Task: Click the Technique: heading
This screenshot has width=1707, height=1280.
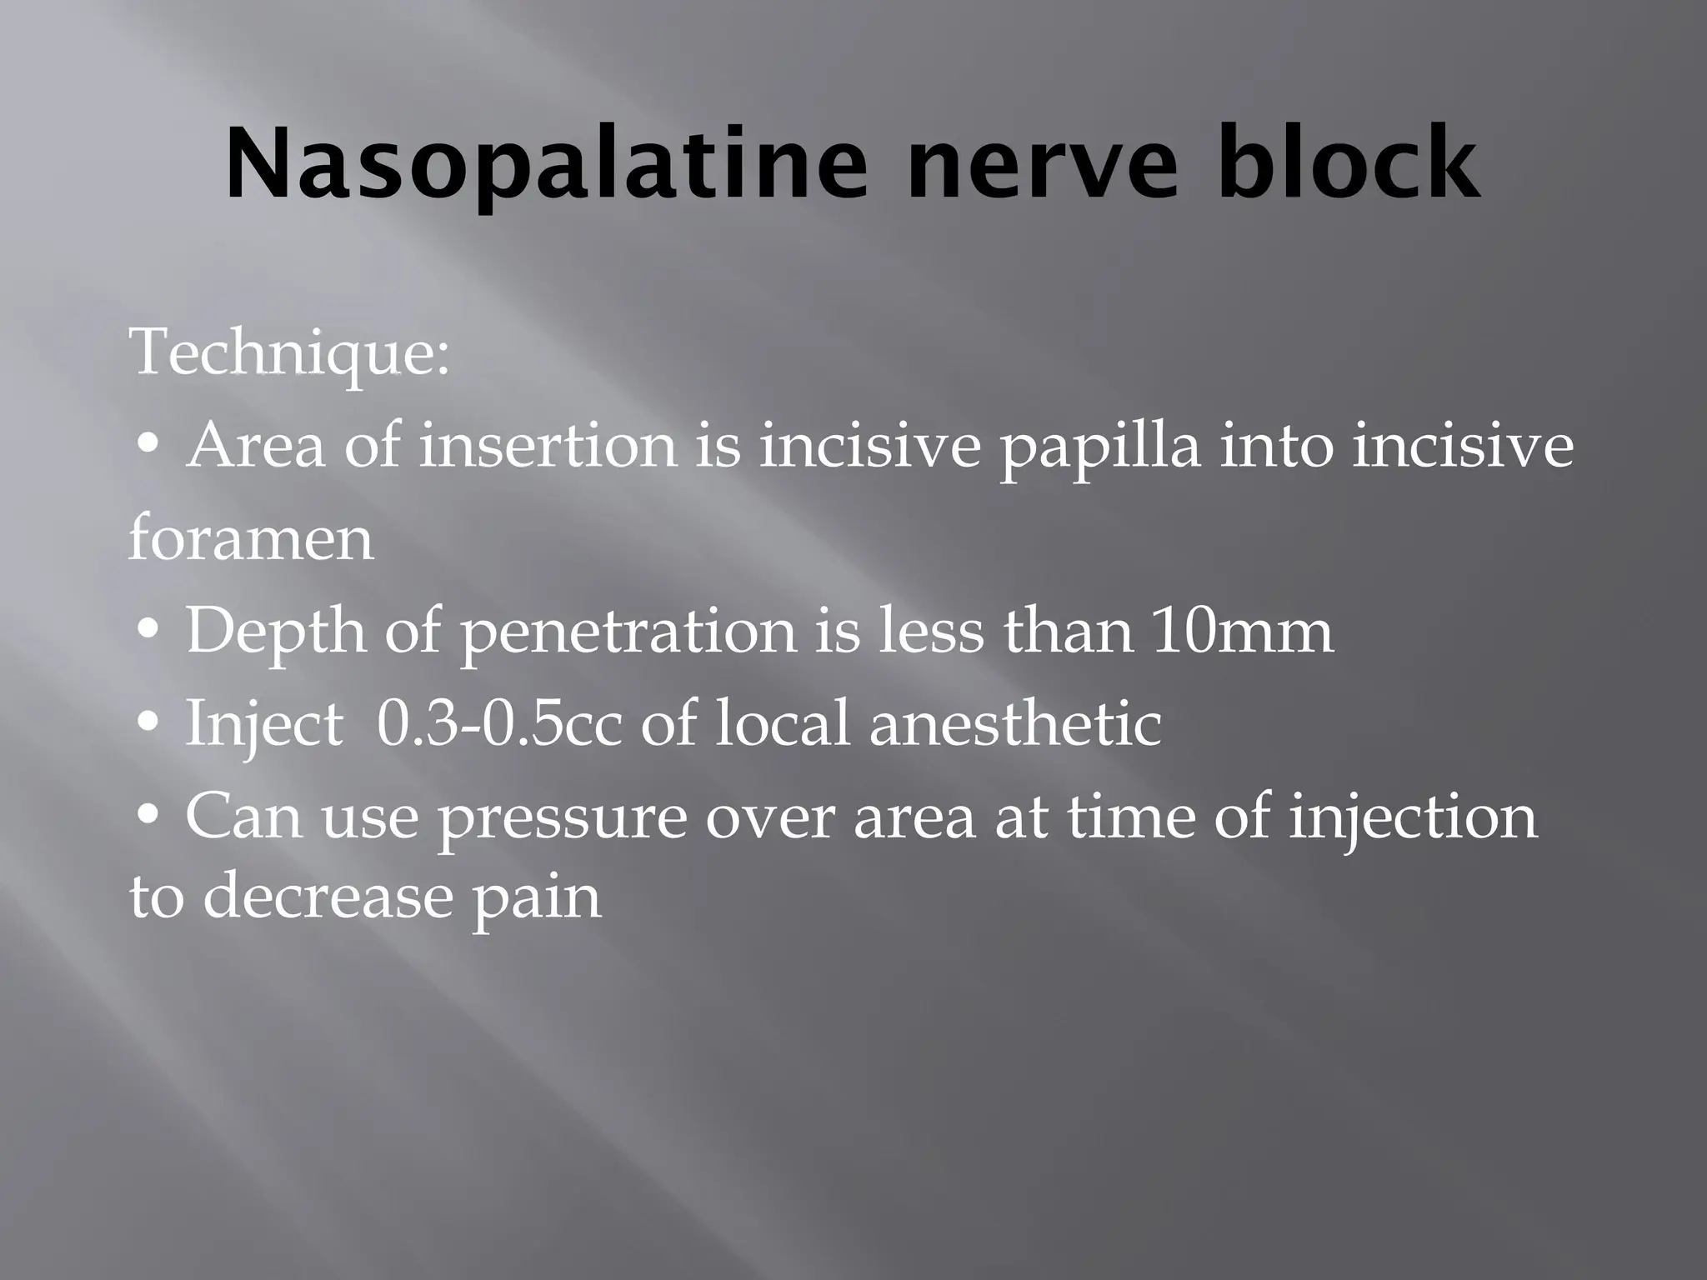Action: coord(289,354)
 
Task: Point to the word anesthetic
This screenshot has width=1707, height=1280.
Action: coord(1015,723)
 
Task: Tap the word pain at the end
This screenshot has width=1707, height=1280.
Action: coord(536,899)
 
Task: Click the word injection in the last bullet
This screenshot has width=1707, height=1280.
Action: coord(1413,817)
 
